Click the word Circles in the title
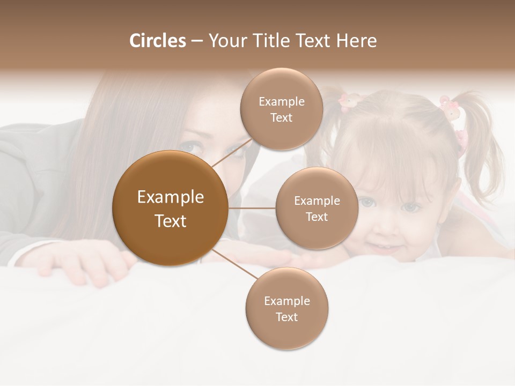tap(157, 41)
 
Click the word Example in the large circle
tap(170, 197)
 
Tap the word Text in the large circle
tap(170, 221)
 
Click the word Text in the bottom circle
tap(286, 317)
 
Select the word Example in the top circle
tap(281, 101)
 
